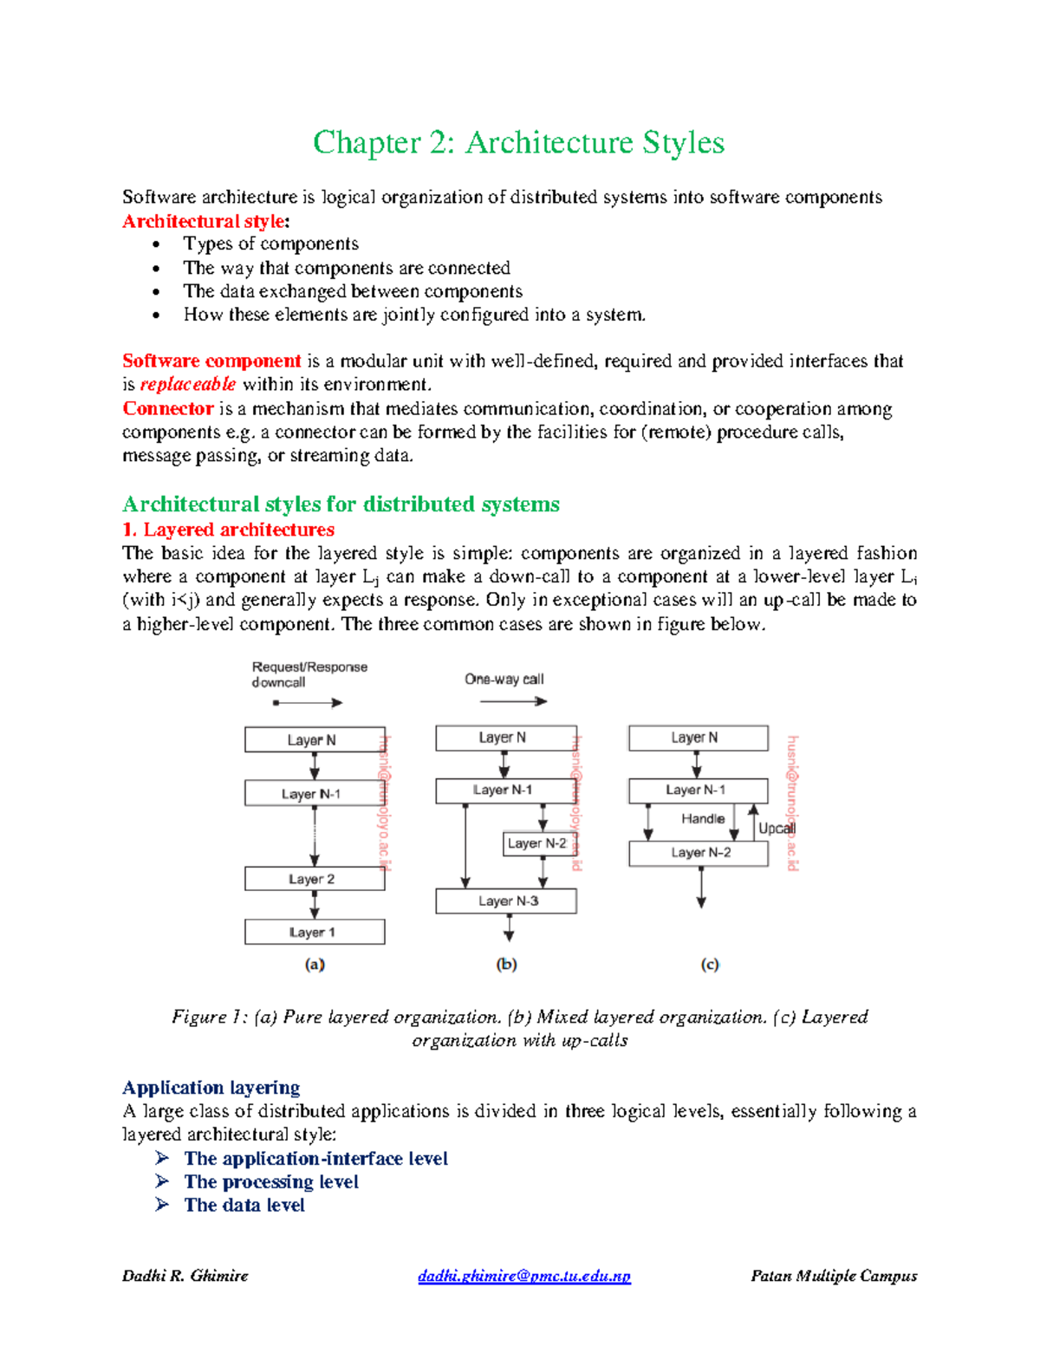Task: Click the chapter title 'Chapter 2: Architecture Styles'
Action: pyautogui.click(x=518, y=143)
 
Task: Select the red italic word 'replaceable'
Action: pyautogui.click(x=187, y=384)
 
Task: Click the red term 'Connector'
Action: pyautogui.click(x=167, y=408)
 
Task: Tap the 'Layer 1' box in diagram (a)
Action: pyautogui.click(x=315, y=932)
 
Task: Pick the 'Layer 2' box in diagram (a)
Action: pyautogui.click(x=315, y=879)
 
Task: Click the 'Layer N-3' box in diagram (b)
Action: pyautogui.click(x=506, y=901)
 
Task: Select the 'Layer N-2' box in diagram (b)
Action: pyautogui.click(x=537, y=843)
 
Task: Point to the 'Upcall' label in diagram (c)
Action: pyautogui.click(x=777, y=829)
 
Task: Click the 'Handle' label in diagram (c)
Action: pyautogui.click(x=702, y=818)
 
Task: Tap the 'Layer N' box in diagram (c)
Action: pyautogui.click(x=698, y=738)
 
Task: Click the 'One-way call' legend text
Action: pyautogui.click(x=504, y=680)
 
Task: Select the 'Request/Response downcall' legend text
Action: pyautogui.click(x=309, y=674)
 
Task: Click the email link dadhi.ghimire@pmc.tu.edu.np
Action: pyautogui.click(x=524, y=1276)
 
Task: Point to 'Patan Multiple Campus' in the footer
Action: pyautogui.click(x=834, y=1276)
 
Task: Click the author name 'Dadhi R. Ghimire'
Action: pyautogui.click(x=185, y=1276)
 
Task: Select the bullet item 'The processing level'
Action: pyautogui.click(x=270, y=1182)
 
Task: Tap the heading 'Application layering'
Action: pyautogui.click(x=211, y=1088)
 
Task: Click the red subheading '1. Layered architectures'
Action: pyautogui.click(x=228, y=530)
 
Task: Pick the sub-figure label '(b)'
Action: pyautogui.click(x=506, y=964)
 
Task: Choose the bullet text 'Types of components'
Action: pyautogui.click(x=270, y=244)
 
